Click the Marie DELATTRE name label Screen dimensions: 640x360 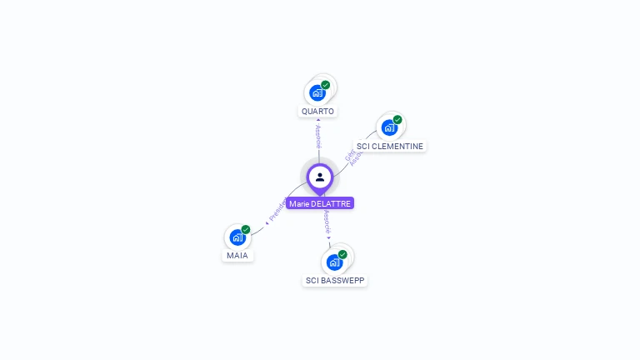(x=320, y=203)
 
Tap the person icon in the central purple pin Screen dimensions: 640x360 (x=320, y=177)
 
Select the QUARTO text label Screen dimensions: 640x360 (x=317, y=111)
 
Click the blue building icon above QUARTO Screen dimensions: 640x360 (x=317, y=92)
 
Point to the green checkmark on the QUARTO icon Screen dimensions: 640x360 (x=326, y=85)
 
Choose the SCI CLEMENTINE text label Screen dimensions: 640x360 (x=389, y=147)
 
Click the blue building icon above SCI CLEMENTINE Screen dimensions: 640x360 (x=388, y=127)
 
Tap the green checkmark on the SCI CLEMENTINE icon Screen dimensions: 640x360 (x=397, y=120)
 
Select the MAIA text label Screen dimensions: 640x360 (x=237, y=256)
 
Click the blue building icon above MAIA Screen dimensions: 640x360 (x=237, y=237)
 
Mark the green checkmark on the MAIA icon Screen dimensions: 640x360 (x=246, y=229)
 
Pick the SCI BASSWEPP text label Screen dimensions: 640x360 (x=335, y=281)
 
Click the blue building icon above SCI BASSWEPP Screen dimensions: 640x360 (x=334, y=262)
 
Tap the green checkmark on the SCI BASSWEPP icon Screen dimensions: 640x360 (x=342, y=254)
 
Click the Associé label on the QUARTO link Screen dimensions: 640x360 (x=318, y=137)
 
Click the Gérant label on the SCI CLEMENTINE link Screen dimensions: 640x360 (x=350, y=155)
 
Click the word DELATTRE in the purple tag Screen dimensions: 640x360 (x=332, y=203)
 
